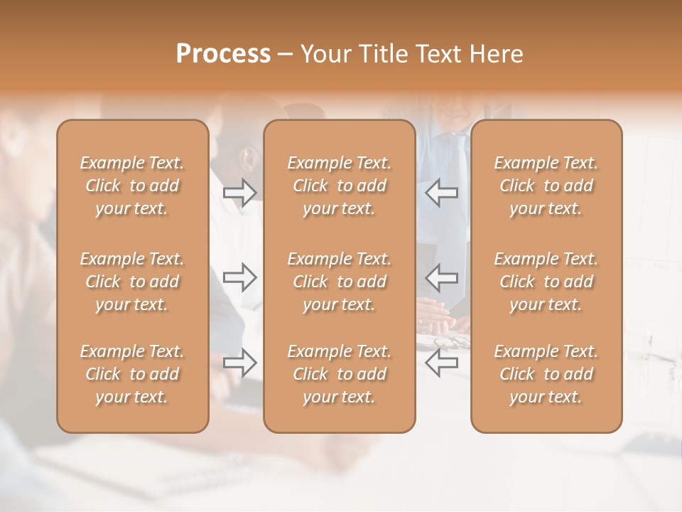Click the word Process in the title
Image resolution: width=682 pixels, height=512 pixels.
[223, 54]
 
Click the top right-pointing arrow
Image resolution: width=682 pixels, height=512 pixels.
[239, 193]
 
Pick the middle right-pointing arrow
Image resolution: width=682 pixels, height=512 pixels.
[239, 277]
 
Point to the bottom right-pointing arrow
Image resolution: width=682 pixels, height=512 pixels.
[239, 363]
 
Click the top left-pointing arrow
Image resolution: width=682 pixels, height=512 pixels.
[442, 193]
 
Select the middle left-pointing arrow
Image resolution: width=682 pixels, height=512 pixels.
[442, 277]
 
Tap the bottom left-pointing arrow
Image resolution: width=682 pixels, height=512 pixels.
[442, 363]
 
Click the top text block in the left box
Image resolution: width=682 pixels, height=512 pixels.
[132, 186]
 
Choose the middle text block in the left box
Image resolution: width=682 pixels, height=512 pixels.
[132, 282]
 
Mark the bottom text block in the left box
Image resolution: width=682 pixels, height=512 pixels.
[132, 374]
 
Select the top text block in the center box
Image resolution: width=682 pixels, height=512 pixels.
[339, 186]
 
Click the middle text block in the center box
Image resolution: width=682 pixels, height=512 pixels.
[339, 282]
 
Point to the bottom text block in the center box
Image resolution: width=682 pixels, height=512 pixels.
[339, 374]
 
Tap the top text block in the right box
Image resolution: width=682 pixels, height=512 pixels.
[546, 186]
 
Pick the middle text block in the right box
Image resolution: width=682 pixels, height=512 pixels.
[546, 282]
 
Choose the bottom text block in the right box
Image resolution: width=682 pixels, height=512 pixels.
[546, 374]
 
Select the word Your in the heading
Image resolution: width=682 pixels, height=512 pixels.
[324, 54]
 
